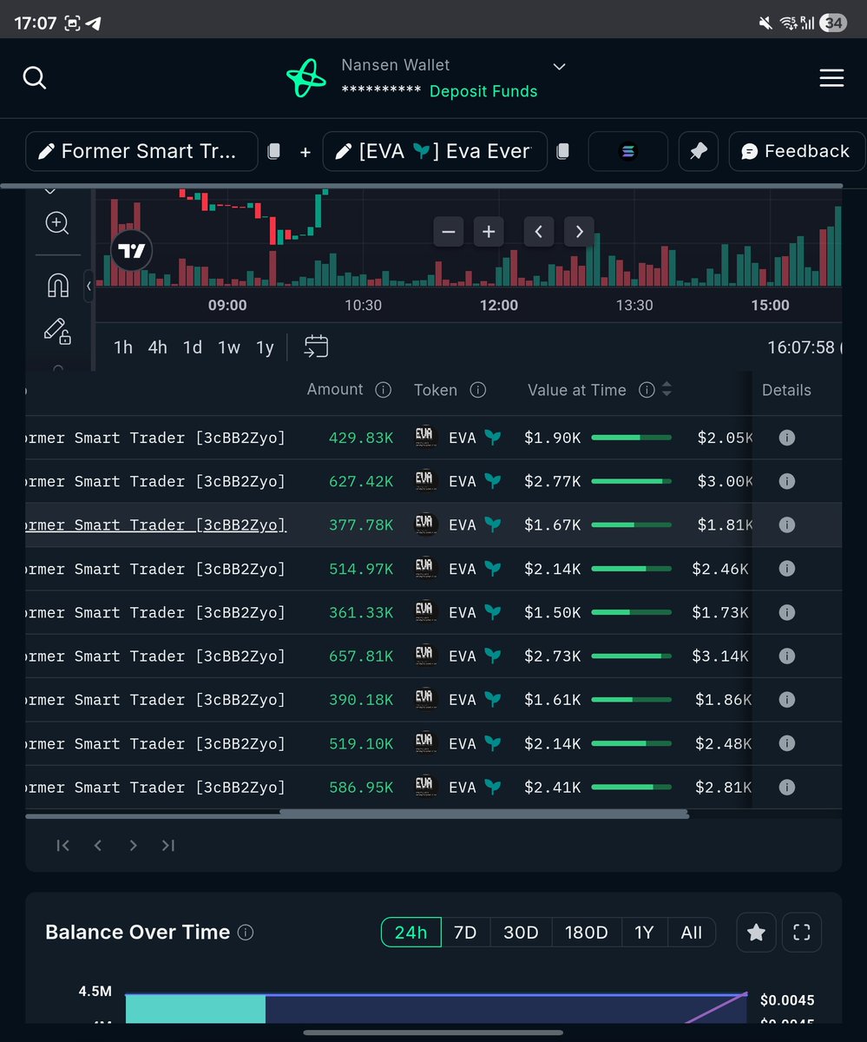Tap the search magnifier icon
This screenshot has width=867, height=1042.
tap(34, 78)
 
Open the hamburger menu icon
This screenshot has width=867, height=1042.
tap(831, 78)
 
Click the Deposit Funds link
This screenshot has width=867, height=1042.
tap(483, 91)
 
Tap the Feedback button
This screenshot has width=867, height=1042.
tap(796, 151)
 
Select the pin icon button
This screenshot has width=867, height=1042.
tap(698, 151)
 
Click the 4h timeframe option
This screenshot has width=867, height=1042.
tap(157, 347)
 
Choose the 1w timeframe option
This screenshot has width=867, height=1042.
tap(229, 347)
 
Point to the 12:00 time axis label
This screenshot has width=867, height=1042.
tap(498, 305)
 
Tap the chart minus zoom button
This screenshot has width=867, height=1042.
tap(449, 232)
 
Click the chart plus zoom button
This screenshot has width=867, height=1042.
tap(489, 232)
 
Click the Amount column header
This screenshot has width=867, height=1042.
tap(335, 390)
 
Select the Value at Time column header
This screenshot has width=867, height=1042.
tap(576, 391)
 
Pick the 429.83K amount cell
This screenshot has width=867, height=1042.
tap(361, 438)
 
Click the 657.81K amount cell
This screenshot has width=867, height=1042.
tap(361, 656)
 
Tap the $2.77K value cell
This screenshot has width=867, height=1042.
tap(552, 481)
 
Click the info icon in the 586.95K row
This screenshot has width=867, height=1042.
tap(786, 788)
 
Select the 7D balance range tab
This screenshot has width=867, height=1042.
tap(465, 933)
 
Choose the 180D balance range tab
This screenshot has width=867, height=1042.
tap(586, 933)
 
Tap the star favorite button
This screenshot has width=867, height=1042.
tap(756, 933)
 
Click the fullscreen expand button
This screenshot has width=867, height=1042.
tap(802, 933)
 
